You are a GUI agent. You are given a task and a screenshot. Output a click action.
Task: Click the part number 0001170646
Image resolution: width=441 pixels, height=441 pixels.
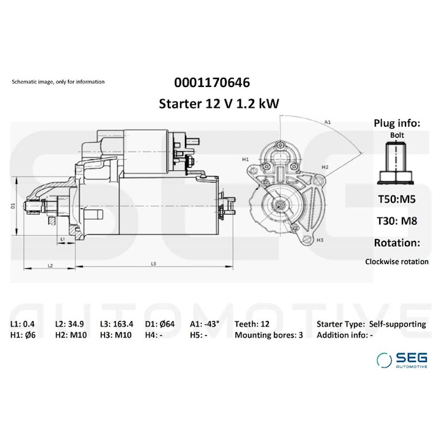pos(212,82)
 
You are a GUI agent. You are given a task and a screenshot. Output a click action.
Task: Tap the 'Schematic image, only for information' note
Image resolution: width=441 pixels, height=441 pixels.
pos(58,81)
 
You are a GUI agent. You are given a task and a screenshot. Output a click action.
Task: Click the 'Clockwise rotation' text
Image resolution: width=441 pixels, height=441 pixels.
pos(396,261)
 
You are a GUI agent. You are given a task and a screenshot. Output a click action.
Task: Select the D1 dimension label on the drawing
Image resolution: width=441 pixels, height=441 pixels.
pos(13,206)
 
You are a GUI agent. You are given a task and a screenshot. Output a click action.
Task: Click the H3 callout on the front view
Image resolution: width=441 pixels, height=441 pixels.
pos(320,241)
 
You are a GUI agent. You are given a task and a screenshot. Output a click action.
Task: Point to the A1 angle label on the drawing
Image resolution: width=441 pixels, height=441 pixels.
pos(328,123)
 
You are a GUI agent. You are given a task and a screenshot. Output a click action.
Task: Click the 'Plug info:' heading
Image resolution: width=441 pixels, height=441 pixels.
pos(397,123)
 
